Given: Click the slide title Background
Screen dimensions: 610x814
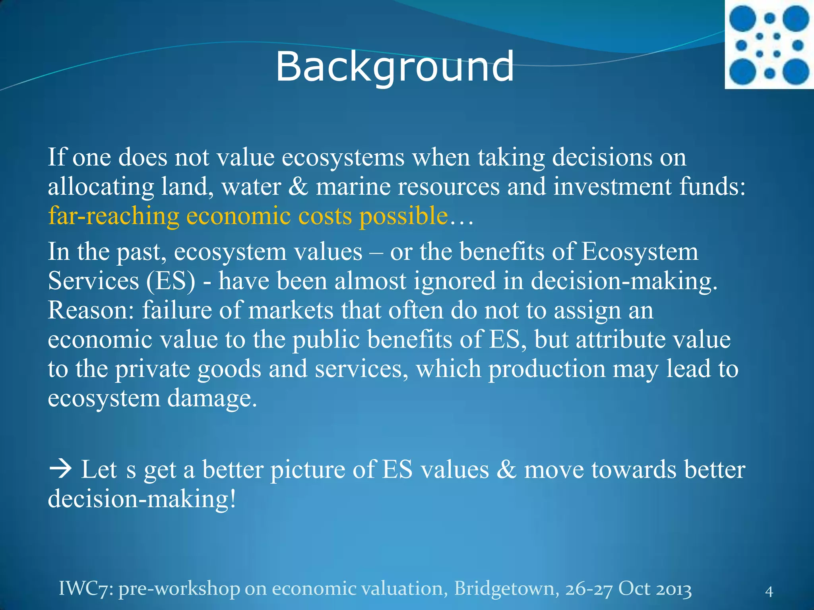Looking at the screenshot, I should point(395,67).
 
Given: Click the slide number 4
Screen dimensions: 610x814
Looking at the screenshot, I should point(769,592).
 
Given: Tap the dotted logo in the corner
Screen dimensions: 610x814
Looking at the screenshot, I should point(769,44).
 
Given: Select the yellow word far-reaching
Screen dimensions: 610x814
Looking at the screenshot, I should point(114,216).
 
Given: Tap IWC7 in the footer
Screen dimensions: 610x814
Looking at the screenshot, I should point(85,589).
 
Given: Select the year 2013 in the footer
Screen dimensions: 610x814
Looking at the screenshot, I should point(673,589).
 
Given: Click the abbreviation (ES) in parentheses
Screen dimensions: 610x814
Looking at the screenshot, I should point(171,281).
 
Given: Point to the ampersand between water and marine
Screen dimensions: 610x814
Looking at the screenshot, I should point(298,187).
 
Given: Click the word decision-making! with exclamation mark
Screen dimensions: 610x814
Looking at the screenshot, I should point(142,499).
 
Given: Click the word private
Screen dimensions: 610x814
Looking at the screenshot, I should point(153,369).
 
